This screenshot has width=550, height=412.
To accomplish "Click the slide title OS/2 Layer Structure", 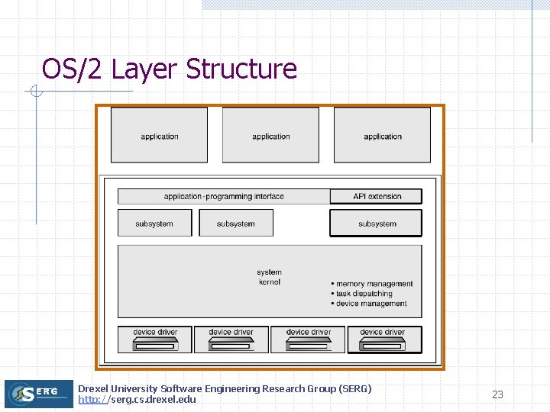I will pyautogui.click(x=169, y=69).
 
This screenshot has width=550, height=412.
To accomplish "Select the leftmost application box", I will pyautogui.click(x=159, y=135).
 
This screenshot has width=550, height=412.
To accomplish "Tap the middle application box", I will pyautogui.click(x=270, y=135).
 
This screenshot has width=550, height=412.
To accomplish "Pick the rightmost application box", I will pyautogui.click(x=382, y=135).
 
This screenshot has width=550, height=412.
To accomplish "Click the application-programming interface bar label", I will pyautogui.click(x=224, y=196).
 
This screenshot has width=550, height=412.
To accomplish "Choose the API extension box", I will pyautogui.click(x=376, y=196).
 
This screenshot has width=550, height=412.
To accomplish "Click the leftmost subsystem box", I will pyautogui.click(x=154, y=223).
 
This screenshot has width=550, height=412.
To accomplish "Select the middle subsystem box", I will pyautogui.click(x=235, y=223).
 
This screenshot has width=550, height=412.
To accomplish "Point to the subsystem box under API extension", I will pyautogui.click(x=376, y=224).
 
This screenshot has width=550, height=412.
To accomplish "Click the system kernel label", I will pyautogui.click(x=269, y=277).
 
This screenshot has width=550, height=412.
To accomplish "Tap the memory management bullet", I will pyautogui.click(x=374, y=284).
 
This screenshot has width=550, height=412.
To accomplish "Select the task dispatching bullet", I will pyautogui.click(x=364, y=294).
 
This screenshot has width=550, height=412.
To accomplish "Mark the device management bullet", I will pyautogui.click(x=371, y=304).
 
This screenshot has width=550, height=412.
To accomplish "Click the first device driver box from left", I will pyautogui.click(x=155, y=340).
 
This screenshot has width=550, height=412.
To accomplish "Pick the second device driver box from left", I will pyautogui.click(x=231, y=340).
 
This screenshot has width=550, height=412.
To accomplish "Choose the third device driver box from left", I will pyautogui.click(x=309, y=340).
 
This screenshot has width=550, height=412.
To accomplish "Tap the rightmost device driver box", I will pyautogui.click(x=384, y=340).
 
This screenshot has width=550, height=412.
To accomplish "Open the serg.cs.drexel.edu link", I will pyautogui.click(x=137, y=400).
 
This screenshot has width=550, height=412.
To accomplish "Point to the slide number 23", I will pyautogui.click(x=497, y=394).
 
